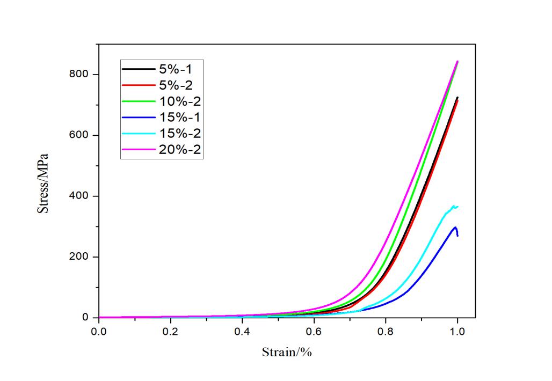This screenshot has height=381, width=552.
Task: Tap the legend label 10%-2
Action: pos(180,101)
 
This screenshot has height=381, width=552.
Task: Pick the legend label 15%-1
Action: pos(180,117)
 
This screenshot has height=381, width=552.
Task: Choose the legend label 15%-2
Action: pos(180,133)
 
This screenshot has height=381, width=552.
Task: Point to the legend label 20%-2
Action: pos(180,149)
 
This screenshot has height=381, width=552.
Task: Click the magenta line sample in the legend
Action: pos(138,150)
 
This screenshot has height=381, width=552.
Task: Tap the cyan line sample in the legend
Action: pos(138,134)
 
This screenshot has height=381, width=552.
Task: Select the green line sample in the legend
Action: pos(138,101)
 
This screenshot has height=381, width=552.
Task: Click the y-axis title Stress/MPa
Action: pos(42,184)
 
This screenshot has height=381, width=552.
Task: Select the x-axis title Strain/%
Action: pos(287,353)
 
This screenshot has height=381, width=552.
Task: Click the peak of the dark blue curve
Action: pos(455,227)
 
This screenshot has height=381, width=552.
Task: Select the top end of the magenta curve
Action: pos(457,61)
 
